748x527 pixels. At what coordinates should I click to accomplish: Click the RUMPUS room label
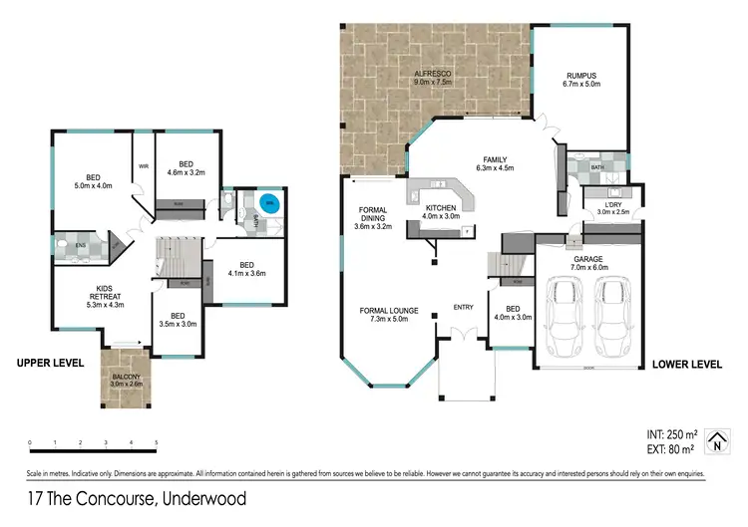pos(581,74)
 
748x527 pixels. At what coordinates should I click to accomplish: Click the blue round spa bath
pos(269,204)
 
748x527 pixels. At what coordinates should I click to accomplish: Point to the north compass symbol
pos(714,439)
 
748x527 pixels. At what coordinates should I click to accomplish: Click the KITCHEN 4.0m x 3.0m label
pos(441,210)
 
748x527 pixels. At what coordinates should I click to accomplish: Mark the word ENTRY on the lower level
pos(463,307)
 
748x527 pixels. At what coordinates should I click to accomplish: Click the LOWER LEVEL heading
pos(686,365)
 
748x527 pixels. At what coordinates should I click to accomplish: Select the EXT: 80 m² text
pos(669,448)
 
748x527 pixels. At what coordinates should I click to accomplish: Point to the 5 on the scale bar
pos(156,441)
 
